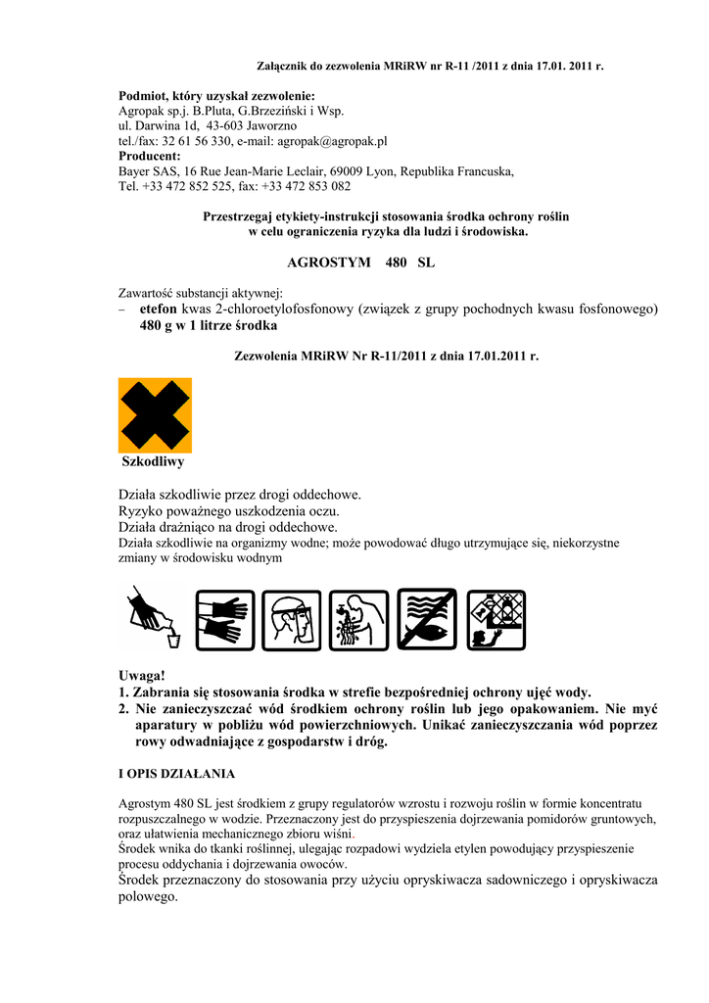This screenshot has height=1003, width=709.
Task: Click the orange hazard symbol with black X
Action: [x=155, y=415]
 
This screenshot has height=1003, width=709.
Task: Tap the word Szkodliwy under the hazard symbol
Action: [x=153, y=461]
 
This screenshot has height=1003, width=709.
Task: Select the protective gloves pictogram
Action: [x=225, y=619]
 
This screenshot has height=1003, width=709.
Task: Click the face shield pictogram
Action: [x=292, y=619]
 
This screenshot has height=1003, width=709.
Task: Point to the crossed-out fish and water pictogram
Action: [x=427, y=619]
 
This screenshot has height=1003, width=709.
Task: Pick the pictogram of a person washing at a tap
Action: [x=359, y=619]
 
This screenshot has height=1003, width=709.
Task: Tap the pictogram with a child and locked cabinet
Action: [x=496, y=619]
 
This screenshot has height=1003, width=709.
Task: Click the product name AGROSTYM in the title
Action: [x=329, y=263]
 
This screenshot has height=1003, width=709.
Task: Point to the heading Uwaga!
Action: [x=142, y=676]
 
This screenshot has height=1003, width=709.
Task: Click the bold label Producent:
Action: [x=150, y=156]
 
